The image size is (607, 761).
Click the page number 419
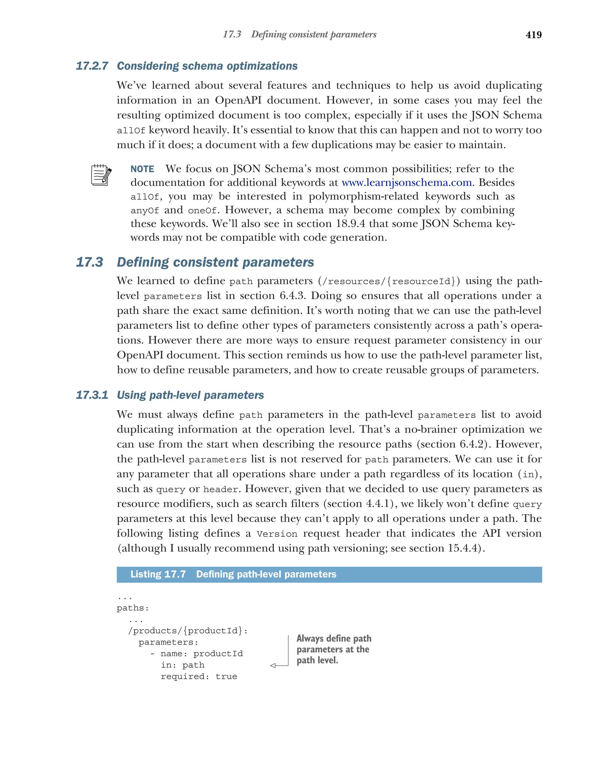pos(533,35)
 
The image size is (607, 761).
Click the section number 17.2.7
pos(92,66)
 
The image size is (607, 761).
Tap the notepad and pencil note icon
pos(101,175)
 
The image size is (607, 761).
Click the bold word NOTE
pos(142,169)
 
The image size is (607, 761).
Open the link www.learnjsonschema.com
pos(406,182)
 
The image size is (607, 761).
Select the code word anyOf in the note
pos(145,211)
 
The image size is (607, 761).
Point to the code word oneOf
pos(202,211)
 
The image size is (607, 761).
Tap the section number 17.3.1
pos(92,395)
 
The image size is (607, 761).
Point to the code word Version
pos(277,534)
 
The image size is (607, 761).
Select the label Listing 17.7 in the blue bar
pos(158,574)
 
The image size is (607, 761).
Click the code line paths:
pos(133,608)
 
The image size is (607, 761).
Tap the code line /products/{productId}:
pos(188,631)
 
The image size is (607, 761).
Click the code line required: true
pos(199,677)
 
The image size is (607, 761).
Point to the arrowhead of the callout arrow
pos(273,666)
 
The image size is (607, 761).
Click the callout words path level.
pos(317,660)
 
